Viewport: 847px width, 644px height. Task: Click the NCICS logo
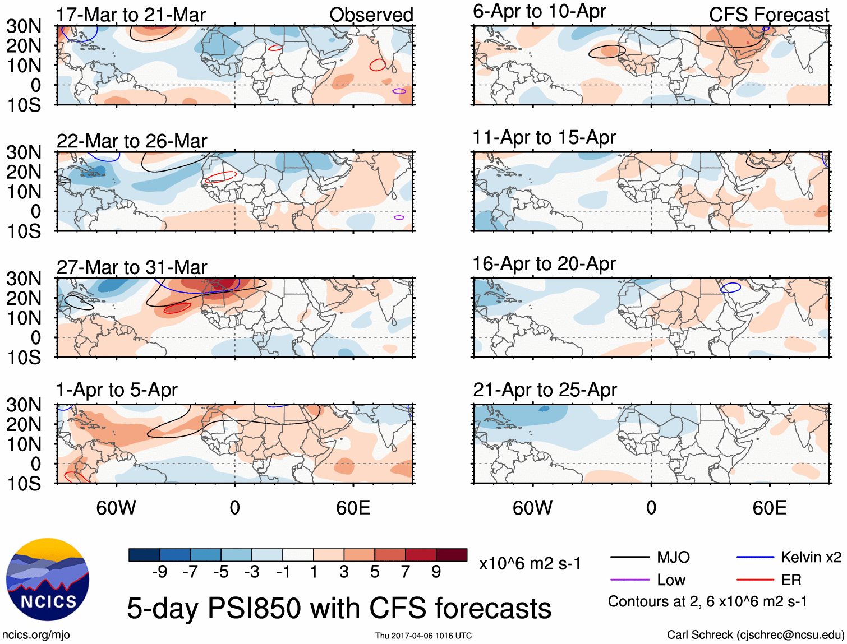(x=48, y=580)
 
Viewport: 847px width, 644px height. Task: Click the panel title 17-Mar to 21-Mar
(x=131, y=15)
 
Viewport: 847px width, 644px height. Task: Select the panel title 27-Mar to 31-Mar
(x=132, y=267)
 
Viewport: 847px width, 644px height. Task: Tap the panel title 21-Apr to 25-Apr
(x=545, y=390)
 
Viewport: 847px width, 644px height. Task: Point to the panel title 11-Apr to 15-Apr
(x=544, y=137)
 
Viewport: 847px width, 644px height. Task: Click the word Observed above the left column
(x=371, y=15)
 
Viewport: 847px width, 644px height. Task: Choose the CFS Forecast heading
(x=768, y=15)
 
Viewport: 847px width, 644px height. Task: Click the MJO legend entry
(x=673, y=557)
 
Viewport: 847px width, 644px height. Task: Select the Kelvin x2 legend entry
(x=811, y=557)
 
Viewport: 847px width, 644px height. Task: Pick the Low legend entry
(x=671, y=580)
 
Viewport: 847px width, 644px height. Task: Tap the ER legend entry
(x=791, y=580)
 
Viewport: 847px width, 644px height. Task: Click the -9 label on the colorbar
(x=159, y=572)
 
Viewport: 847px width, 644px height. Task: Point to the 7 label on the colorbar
(x=406, y=572)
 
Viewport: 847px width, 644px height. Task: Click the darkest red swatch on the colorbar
(x=452, y=555)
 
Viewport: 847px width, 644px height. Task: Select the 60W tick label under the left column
(x=116, y=508)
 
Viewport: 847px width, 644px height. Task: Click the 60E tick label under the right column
(x=769, y=508)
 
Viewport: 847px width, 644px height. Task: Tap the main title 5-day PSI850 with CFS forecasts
(x=339, y=608)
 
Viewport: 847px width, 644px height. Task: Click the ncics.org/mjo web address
(x=36, y=635)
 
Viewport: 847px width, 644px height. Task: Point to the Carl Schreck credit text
(x=755, y=635)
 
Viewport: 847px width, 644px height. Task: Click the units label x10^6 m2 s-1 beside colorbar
(x=530, y=563)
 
